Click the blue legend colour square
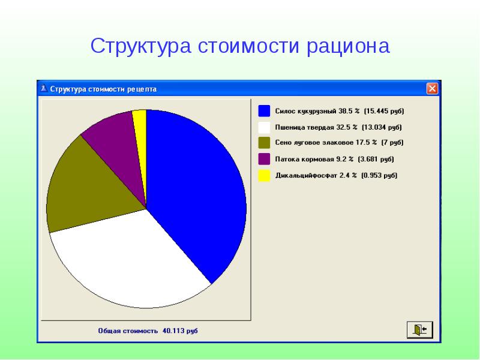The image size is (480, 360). [264, 111]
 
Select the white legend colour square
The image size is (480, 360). [264, 127]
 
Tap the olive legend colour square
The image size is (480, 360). [264, 143]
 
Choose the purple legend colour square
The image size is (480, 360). [264, 159]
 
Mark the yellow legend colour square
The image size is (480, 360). [264, 175]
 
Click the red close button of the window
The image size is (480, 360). [432, 89]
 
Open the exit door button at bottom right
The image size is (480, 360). [419, 329]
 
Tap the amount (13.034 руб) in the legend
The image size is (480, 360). [382, 127]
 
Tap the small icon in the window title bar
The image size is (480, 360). [43, 89]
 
